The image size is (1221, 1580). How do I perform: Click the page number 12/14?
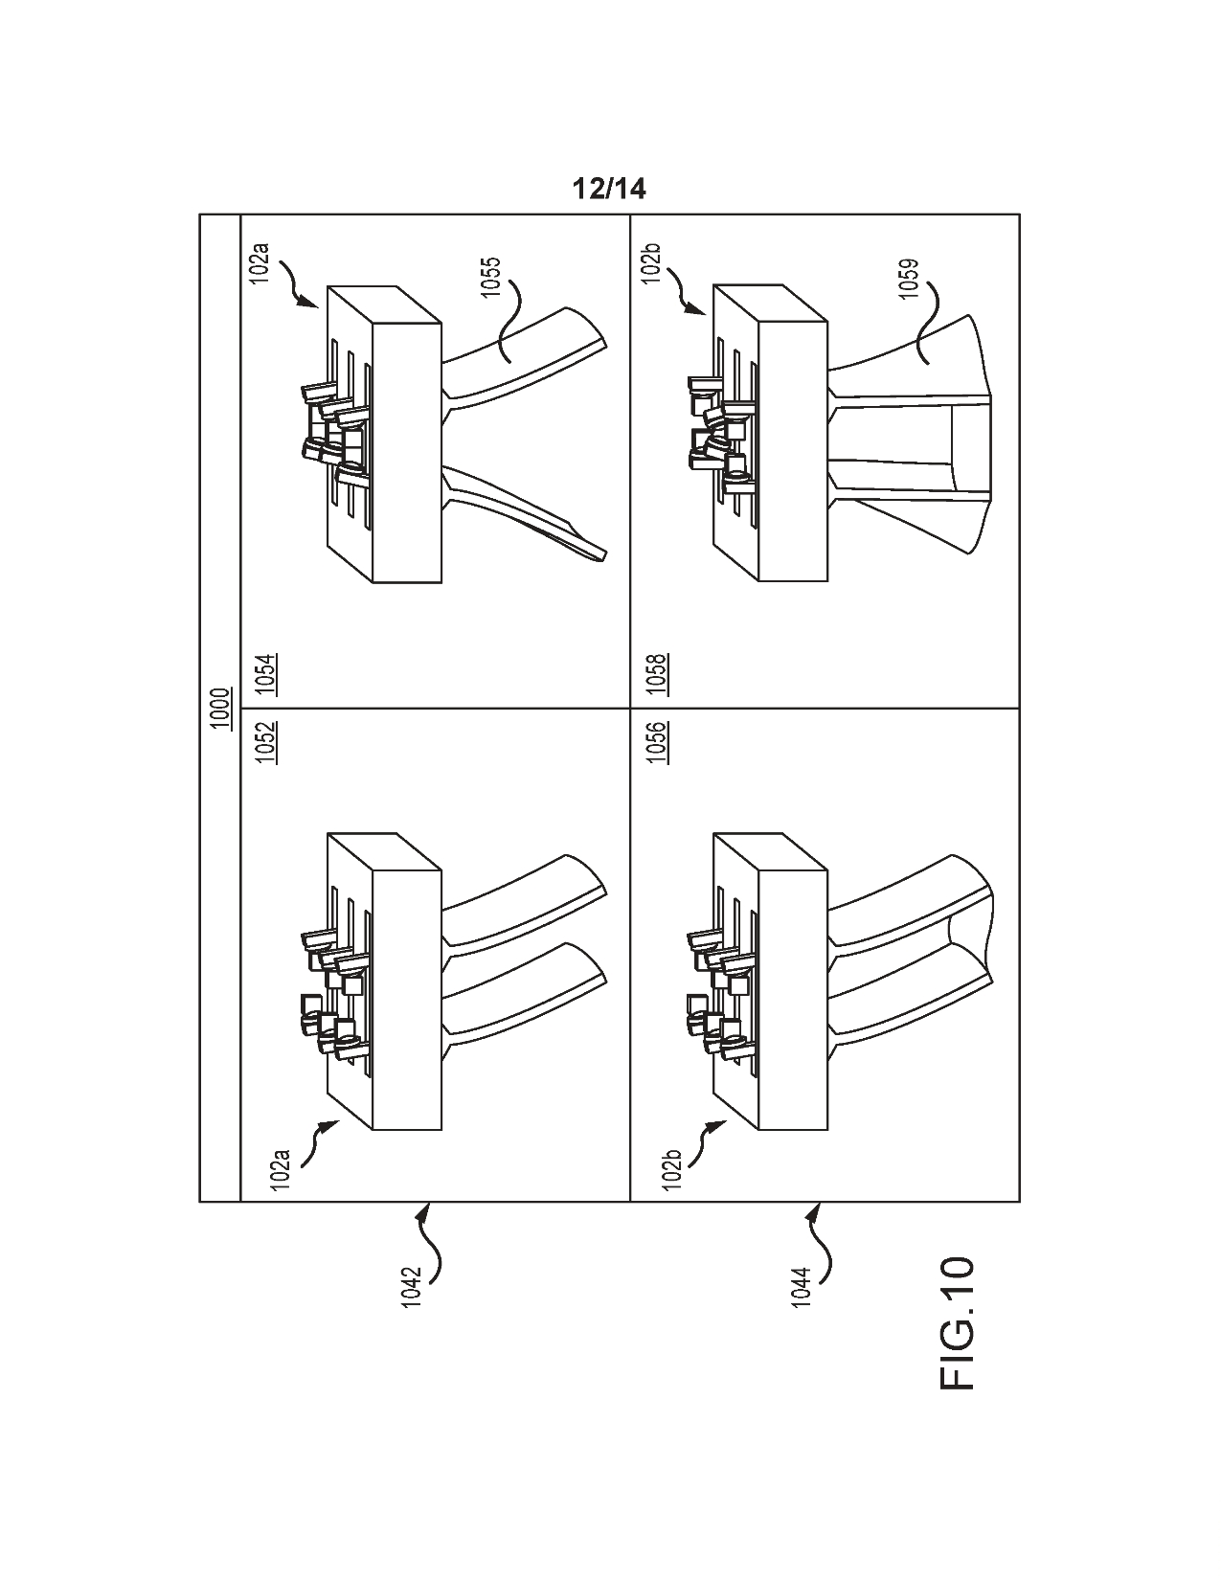coord(609,189)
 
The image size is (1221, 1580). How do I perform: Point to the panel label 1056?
coord(657,742)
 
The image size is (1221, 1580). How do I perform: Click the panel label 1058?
coord(657,675)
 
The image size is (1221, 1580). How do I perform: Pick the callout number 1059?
coord(908,279)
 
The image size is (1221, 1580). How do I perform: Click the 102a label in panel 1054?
coord(261,264)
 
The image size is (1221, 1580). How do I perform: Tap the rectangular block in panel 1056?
coord(772,982)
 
